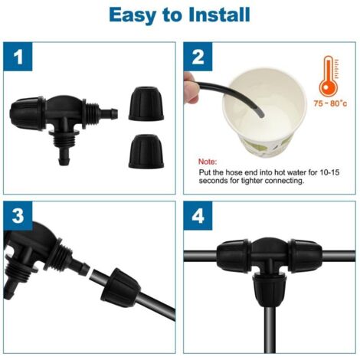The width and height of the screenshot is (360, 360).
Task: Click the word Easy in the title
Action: click(x=134, y=15)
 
